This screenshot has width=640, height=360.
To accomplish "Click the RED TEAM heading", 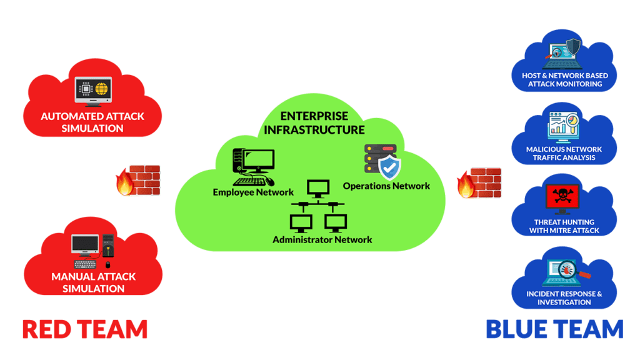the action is [85, 329].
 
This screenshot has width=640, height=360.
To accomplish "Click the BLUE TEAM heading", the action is [555, 329].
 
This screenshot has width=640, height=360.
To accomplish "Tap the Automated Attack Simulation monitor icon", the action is [93, 91].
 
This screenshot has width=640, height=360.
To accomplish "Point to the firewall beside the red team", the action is [138, 181].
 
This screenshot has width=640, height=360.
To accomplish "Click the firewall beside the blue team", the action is [479, 182].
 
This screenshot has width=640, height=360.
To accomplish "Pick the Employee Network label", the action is [253, 192].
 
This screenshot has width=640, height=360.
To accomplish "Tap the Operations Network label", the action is [386, 186].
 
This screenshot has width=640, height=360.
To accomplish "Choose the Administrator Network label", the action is [322, 239].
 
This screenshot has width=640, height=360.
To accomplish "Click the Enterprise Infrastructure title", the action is [314, 123].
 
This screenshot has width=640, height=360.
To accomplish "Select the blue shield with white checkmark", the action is [389, 167].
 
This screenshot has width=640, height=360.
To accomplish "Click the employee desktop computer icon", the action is [254, 166].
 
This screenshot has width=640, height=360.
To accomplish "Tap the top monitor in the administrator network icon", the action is [318, 189].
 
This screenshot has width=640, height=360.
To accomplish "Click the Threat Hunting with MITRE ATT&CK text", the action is [564, 226].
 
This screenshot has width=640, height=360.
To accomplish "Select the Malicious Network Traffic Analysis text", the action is [564, 154].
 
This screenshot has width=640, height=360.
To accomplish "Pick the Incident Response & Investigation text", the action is [564, 298].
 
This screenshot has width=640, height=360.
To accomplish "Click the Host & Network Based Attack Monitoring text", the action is [565, 79].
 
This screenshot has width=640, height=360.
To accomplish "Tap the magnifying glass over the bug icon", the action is [570, 270].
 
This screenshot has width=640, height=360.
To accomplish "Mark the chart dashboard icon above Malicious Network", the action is [564, 124].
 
